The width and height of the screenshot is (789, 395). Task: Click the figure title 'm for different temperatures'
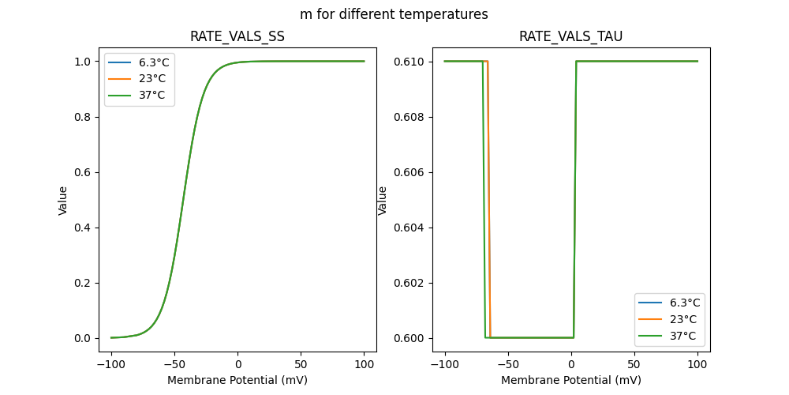(394, 14)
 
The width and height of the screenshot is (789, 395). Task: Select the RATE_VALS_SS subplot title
(237, 36)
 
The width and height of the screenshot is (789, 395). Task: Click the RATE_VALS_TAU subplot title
(570, 36)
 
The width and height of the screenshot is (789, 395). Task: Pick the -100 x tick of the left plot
(110, 365)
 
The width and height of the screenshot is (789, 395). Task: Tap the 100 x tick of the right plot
(697, 365)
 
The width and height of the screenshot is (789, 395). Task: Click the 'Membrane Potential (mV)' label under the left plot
(237, 380)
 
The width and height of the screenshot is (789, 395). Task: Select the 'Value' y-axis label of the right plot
(383, 200)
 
